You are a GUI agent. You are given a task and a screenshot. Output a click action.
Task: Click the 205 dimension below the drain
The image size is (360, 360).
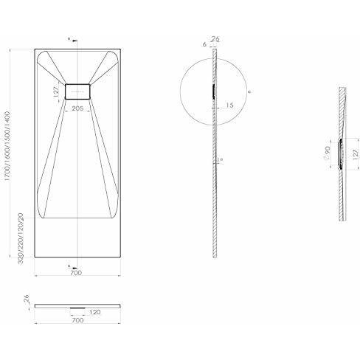click(x=77, y=108)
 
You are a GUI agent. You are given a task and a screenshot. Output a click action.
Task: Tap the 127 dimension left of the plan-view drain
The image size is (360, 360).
click(x=57, y=91)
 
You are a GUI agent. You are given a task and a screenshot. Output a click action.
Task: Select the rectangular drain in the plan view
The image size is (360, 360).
click(x=77, y=91)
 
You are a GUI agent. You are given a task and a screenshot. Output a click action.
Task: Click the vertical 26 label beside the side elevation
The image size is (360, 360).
click(x=25, y=299)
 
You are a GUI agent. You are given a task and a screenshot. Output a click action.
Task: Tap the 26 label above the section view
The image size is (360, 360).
click(x=215, y=39)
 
